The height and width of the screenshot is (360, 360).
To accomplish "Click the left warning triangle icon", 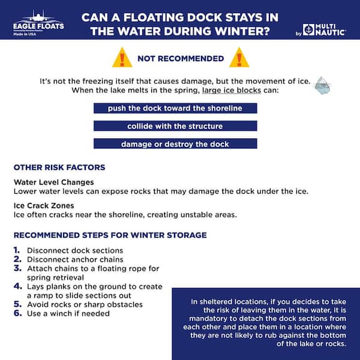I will click(122, 58).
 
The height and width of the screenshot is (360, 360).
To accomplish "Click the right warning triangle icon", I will click(239, 58).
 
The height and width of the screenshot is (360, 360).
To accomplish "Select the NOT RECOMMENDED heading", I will click(181, 59).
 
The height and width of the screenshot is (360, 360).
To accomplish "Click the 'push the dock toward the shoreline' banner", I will click(175, 109).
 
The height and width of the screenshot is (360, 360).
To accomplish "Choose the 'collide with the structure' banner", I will click(175, 126).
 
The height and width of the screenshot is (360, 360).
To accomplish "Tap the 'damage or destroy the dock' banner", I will click(175, 144).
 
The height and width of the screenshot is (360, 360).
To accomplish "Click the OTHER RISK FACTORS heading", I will click(59, 167).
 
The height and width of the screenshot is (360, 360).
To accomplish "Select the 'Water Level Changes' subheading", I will click(53, 182).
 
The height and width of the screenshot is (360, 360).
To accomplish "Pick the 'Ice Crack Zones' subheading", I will click(44, 206).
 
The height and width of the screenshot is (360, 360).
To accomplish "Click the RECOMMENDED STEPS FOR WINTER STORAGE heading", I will click(110, 235).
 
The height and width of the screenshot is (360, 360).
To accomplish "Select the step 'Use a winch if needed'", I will click(68, 314).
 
